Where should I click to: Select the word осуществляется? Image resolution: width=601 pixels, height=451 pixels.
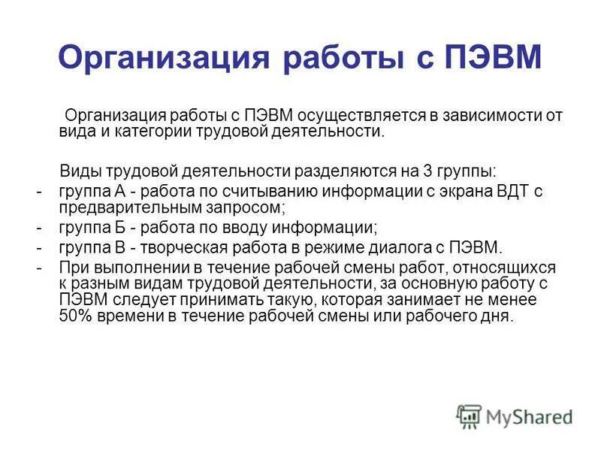click(x=361, y=116)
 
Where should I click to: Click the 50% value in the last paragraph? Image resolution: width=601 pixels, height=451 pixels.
click(x=76, y=316)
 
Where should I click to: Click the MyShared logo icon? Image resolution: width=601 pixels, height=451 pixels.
click(x=470, y=416)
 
